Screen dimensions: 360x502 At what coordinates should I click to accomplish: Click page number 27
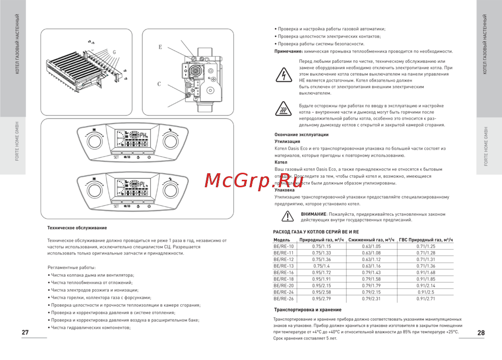point(25,333)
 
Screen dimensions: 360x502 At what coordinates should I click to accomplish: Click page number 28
point(481,333)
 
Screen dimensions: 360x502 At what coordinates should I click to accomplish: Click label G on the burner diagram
point(114,52)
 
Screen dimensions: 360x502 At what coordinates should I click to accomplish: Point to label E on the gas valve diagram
point(160,47)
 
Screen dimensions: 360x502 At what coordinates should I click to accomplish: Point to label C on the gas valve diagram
point(159,84)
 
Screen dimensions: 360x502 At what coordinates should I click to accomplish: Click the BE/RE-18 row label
point(284,279)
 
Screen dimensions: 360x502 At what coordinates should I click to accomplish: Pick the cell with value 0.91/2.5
point(426,292)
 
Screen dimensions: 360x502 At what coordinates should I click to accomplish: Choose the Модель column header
point(282,240)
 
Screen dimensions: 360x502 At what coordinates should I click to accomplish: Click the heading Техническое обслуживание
point(77,228)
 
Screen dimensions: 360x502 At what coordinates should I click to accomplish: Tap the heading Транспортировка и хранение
point(307,310)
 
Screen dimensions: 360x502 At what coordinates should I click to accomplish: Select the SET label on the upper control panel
point(116,157)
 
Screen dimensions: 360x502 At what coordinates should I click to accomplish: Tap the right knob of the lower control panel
point(171,189)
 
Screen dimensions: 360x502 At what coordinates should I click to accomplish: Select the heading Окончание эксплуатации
point(301,135)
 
